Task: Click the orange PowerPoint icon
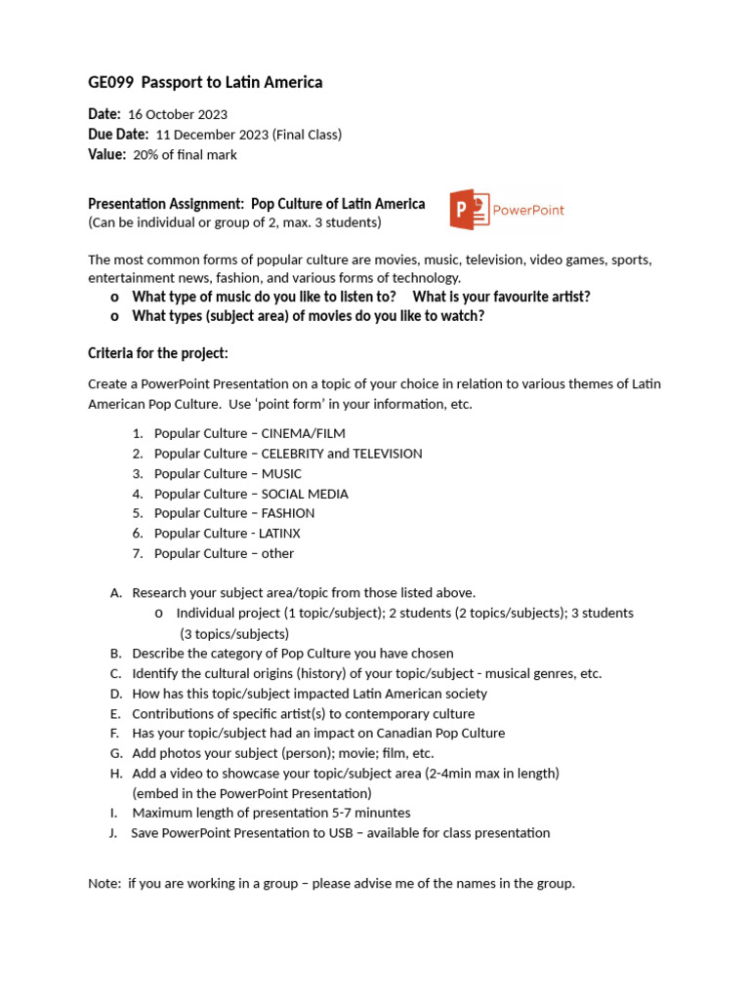(469, 210)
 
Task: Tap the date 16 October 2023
(178, 115)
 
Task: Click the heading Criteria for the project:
(158, 352)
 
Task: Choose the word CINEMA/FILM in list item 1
(304, 433)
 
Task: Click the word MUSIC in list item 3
(282, 473)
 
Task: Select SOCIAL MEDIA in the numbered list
(305, 494)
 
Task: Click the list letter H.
(115, 774)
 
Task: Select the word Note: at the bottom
(104, 884)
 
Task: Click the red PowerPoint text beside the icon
(528, 210)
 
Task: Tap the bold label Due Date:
(118, 135)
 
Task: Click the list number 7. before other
(138, 553)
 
